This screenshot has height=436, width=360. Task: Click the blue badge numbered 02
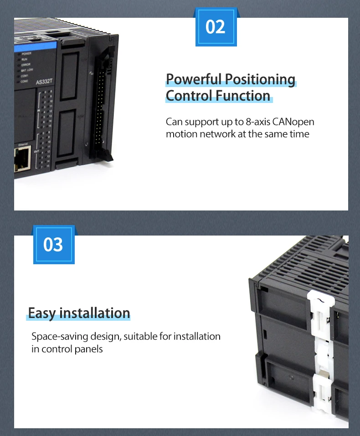coord(216,27)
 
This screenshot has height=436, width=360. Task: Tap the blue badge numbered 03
coord(53,245)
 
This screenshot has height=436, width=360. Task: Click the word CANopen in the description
coord(293,122)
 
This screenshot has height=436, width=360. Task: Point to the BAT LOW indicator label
coord(27,70)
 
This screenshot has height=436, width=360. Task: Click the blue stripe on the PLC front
coord(34,46)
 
